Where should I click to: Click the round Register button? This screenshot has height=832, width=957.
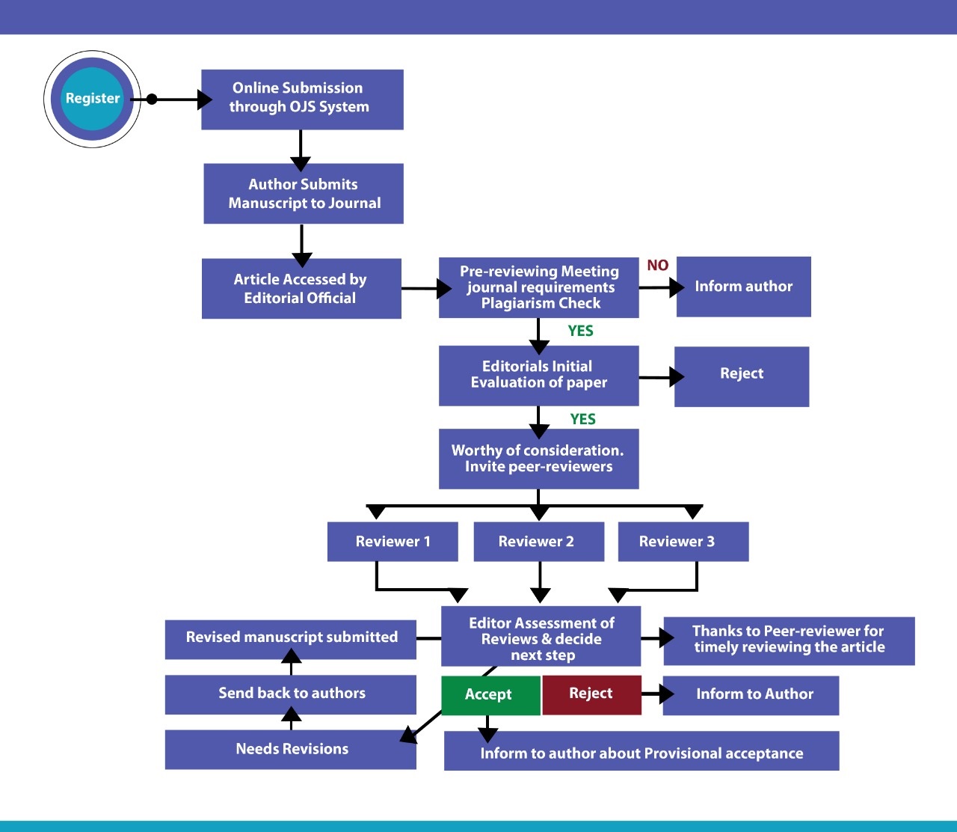coord(92,99)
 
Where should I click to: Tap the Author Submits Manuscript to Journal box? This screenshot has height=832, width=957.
coord(304,194)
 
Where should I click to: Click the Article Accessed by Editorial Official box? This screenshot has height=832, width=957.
coord(301,289)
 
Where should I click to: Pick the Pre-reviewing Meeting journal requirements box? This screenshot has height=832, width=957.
coord(538,288)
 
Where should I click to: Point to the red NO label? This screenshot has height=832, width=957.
coord(658,266)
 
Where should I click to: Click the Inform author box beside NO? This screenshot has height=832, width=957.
coord(743,287)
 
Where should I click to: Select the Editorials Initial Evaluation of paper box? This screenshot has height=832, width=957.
coord(538,376)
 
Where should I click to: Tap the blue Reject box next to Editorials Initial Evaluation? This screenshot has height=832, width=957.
coord(742,376)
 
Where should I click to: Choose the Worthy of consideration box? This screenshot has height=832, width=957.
coord(538,459)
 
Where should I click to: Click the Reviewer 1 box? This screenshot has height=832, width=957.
coord(393,542)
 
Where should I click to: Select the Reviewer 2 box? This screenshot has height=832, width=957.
coord(538,542)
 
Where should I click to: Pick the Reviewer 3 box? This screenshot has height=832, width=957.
coord(683,542)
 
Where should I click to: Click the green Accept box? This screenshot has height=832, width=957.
coord(490,695)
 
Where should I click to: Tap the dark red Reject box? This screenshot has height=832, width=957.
coord(591,694)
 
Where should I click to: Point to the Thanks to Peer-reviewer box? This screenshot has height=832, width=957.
coord(789,641)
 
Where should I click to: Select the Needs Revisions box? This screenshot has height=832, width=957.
coord(291,750)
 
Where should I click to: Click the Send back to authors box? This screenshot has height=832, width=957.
coord(291,694)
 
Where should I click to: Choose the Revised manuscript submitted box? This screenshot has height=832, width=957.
coord(291,639)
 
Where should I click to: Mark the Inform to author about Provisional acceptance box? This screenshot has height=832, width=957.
coord(641,751)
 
